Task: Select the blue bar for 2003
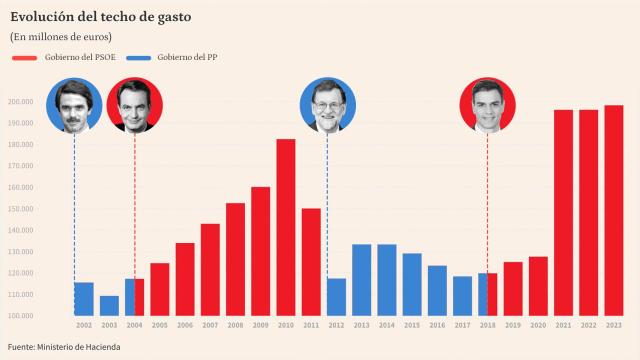tap(109, 305)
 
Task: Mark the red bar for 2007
tap(210, 269)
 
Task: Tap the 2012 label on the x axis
tap(336, 326)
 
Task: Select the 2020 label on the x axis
tap(538, 326)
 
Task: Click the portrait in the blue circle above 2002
tap(73, 105)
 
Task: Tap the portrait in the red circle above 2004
tap(134, 105)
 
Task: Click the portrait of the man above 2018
tap(487, 105)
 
